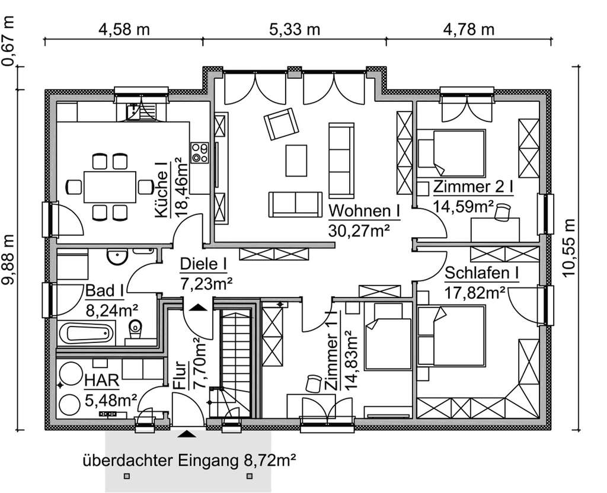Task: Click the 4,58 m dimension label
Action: click(x=123, y=28)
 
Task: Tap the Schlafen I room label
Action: click(x=481, y=273)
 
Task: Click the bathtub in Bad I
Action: click(x=87, y=332)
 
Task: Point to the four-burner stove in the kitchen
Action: click(x=198, y=153)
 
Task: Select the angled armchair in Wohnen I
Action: click(x=281, y=124)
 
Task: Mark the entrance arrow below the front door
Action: click(x=188, y=434)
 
